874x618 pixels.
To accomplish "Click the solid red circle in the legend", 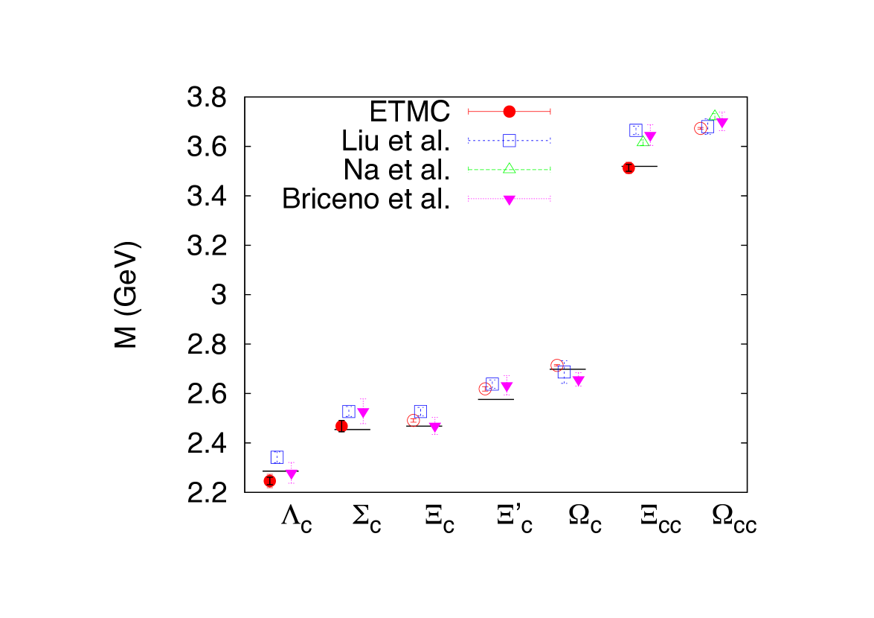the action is click(x=509, y=112).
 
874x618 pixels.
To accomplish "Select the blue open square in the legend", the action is click(x=509, y=140).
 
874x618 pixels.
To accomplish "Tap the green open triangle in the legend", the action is click(x=509, y=168).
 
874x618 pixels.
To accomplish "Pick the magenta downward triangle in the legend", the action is click(x=509, y=200).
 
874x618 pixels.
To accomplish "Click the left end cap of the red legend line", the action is click(x=469, y=112).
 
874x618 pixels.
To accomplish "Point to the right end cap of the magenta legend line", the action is click(x=550, y=198).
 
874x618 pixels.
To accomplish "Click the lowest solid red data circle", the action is click(x=269, y=481).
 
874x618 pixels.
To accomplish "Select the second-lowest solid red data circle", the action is click(x=341, y=426).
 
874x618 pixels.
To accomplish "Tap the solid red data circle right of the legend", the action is click(x=629, y=168).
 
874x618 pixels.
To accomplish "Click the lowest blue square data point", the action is click(x=277, y=457).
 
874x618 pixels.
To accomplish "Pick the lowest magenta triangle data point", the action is click(x=291, y=474).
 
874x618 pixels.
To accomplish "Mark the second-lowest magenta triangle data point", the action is click(x=434, y=427).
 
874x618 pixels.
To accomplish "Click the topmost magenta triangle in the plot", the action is click(x=722, y=123).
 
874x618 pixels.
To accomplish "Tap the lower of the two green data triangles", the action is click(x=643, y=141).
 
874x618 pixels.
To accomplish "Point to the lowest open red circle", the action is click(x=413, y=420).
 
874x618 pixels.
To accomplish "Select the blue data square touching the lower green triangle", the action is click(x=635, y=130).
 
